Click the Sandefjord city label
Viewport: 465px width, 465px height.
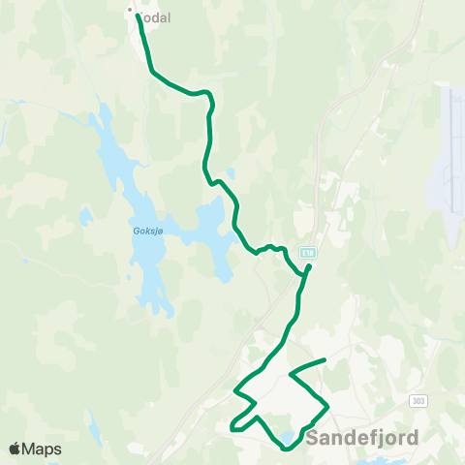pyautogui.click(x=363, y=438)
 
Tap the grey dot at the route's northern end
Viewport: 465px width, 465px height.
pyautogui.click(x=130, y=11)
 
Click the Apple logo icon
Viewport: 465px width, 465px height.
pyautogui.click(x=15, y=449)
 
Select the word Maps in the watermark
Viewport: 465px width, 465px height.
pyautogui.click(x=42, y=449)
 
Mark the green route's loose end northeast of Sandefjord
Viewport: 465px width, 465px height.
pyautogui.click(x=324, y=360)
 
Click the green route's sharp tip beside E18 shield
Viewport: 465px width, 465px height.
pyautogui.click(x=309, y=265)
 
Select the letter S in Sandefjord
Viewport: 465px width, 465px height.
pyautogui.click(x=312, y=438)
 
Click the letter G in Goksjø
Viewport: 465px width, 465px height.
pyautogui.click(x=133, y=232)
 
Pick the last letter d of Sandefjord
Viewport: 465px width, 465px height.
pyautogui.click(x=414, y=438)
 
